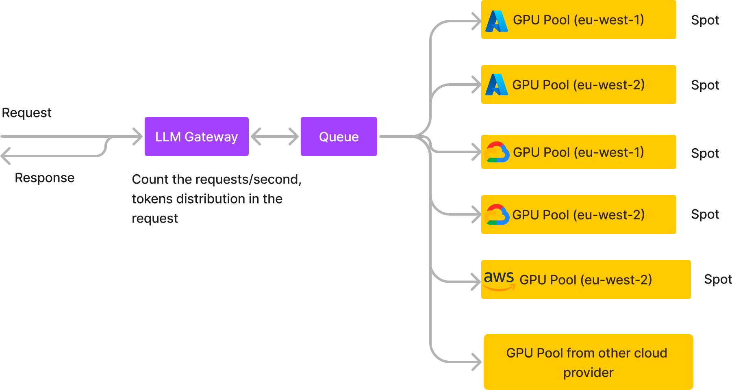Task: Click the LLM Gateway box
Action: pyautogui.click(x=196, y=136)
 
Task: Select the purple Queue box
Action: pyautogui.click(x=339, y=136)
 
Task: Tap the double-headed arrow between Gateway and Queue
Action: pyautogui.click(x=275, y=136)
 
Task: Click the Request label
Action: pyautogui.click(x=27, y=113)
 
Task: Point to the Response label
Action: pyautogui.click(x=45, y=178)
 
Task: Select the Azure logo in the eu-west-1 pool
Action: pyautogui.click(x=497, y=21)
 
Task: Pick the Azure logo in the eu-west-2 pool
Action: pyautogui.click(x=497, y=84)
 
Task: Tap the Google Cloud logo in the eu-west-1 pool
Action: pyautogui.click(x=497, y=152)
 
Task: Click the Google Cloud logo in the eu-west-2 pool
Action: pyautogui.click(x=497, y=214)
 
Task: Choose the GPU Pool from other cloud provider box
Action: pyautogui.click(x=588, y=362)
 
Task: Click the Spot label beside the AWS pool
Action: pyautogui.click(x=717, y=279)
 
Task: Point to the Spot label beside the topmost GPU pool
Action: pyautogui.click(x=705, y=20)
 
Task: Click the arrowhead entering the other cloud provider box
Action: pyautogui.click(x=478, y=362)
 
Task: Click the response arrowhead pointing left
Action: pyautogui.click(x=6, y=156)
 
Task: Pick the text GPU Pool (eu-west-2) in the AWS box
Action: pyautogui.click(x=586, y=280)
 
